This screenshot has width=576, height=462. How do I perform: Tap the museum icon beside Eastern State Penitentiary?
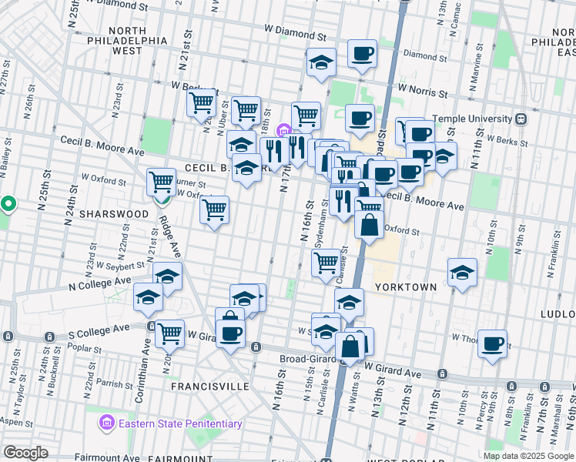point(106,423)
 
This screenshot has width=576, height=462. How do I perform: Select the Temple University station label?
point(473,119)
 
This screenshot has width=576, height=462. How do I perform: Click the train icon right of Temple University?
point(521,119)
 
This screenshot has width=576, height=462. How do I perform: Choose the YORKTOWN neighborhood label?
point(406,286)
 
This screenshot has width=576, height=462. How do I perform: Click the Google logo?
point(25,452)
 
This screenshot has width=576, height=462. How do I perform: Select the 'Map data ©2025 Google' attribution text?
point(528,456)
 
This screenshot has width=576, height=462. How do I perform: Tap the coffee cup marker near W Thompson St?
point(492,343)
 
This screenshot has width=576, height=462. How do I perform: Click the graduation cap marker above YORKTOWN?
point(462,272)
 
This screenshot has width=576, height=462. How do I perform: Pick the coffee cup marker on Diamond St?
point(361,54)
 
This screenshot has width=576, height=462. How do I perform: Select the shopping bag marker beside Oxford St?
point(370,225)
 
